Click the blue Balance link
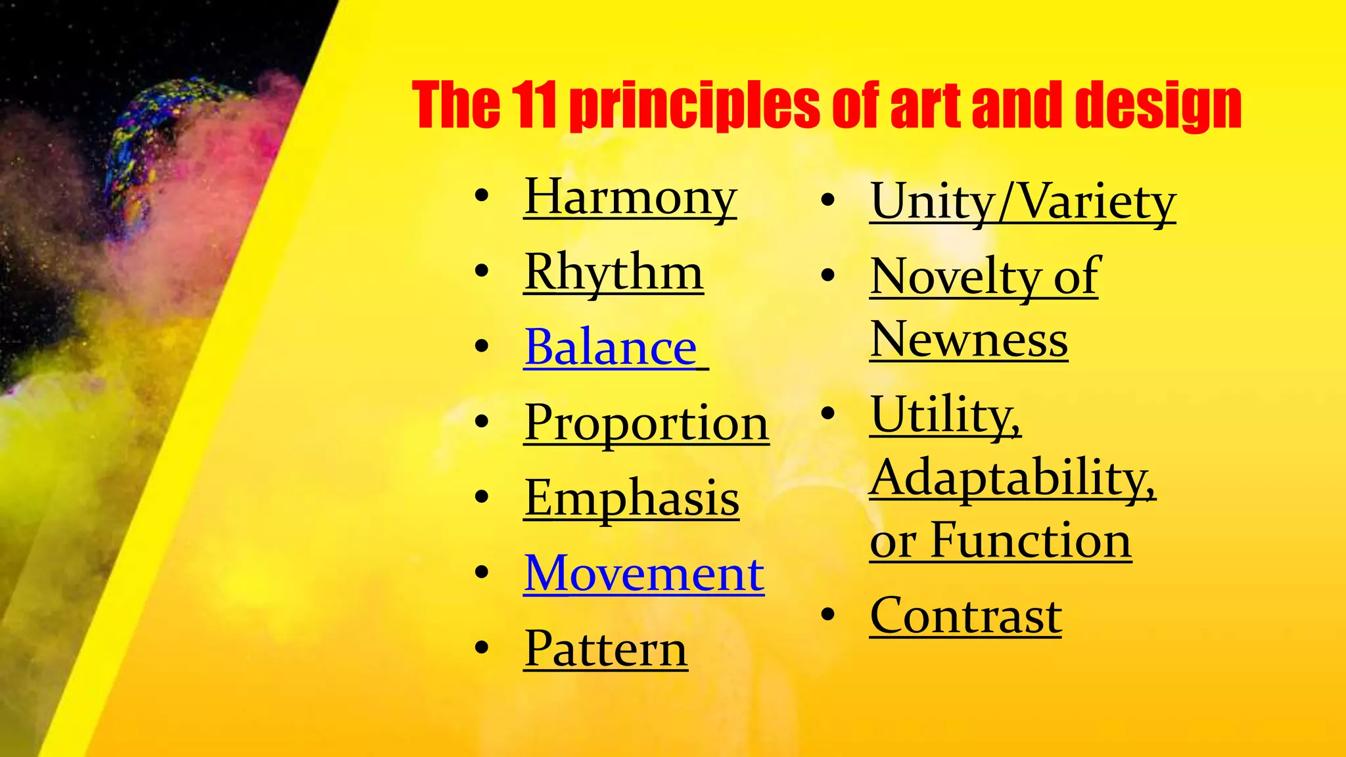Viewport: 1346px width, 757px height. click(610, 347)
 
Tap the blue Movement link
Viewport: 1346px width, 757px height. click(643, 574)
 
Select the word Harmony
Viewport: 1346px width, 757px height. click(630, 196)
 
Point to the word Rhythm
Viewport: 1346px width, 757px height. click(613, 272)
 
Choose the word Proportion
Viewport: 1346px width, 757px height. click(646, 423)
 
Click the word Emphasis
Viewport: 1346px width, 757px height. click(631, 498)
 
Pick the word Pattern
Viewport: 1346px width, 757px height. click(605, 649)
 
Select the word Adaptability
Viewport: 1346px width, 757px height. click(1012, 478)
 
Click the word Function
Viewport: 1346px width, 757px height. click(1031, 541)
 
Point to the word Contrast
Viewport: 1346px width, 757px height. click(965, 616)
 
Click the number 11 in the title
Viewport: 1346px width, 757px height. click(533, 105)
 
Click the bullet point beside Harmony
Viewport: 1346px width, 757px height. click(482, 196)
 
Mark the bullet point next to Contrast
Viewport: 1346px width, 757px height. click(828, 615)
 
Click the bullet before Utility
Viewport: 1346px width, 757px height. click(828, 413)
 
